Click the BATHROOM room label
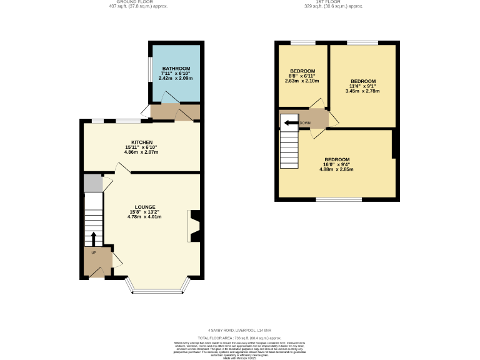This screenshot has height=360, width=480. tap(176, 68)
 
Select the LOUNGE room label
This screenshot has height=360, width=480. tap(144, 207)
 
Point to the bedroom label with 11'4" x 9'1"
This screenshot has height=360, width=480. tap(362, 81)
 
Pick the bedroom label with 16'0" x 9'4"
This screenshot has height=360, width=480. tap(336, 159)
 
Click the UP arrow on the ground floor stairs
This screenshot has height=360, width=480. tap(94, 238)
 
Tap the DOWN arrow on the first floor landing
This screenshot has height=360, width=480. tap(290, 123)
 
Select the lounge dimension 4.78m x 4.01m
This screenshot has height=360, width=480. tap(144, 217)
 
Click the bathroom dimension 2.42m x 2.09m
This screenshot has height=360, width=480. tap(176, 78)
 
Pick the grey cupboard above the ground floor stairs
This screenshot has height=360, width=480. tap(93, 183)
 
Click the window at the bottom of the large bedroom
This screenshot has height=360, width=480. tap(331, 200)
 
